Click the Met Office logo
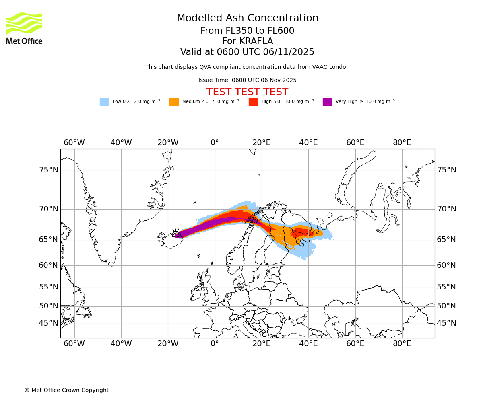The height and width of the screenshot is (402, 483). [24, 28]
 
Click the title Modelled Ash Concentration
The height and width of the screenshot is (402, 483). [248, 18]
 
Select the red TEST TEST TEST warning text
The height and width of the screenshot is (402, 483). [247, 92]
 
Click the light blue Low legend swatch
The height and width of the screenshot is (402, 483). [104, 102]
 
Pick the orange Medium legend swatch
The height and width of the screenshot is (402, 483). [174, 102]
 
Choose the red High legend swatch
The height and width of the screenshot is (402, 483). [253, 102]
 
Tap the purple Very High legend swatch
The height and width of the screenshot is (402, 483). [327, 102]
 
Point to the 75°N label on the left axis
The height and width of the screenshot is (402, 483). [49, 170]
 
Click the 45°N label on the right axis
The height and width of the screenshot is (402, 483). [447, 323]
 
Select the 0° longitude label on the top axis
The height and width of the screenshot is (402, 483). [215, 143]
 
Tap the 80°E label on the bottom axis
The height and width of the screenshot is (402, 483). [402, 344]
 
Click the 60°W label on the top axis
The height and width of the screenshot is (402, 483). [74, 143]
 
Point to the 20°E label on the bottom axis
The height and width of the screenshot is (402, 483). [262, 344]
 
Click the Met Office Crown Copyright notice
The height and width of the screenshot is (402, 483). [66, 390]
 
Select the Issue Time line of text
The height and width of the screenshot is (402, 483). [247, 80]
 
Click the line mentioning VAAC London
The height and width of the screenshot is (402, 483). [247, 67]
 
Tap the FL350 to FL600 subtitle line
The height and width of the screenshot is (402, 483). [247, 31]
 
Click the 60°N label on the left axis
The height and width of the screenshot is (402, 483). [49, 265]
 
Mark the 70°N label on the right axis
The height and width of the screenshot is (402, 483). [447, 209]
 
